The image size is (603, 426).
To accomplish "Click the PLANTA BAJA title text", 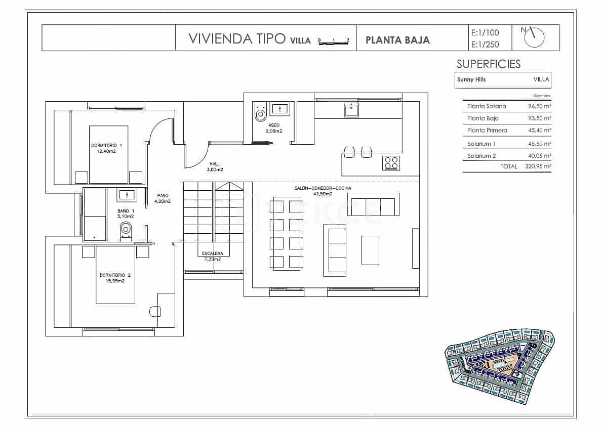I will coord(397,39).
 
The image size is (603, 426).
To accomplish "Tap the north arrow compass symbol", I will coord(535,36).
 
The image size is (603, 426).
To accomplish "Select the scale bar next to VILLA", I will coord(334,41).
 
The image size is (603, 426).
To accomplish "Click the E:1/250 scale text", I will coord(485,45).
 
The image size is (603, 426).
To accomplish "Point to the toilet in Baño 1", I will coord(126,230).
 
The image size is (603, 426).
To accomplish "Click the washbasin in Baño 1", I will coord(126,194).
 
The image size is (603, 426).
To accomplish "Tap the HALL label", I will coord(215,164).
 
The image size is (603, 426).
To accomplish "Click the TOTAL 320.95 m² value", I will coord(538,166).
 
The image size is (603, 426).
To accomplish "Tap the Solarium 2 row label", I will coord(481,156).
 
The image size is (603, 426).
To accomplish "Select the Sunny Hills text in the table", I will coord(471,80).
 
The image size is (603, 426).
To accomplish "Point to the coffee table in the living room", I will coord(370,250).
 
